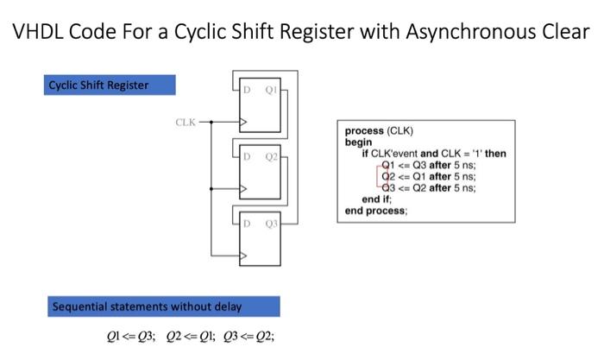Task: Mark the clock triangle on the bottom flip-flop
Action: click(244, 256)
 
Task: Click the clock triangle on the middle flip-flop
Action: click(244, 188)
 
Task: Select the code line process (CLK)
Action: click(380, 132)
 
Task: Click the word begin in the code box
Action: click(358, 142)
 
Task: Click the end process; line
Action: click(376, 210)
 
